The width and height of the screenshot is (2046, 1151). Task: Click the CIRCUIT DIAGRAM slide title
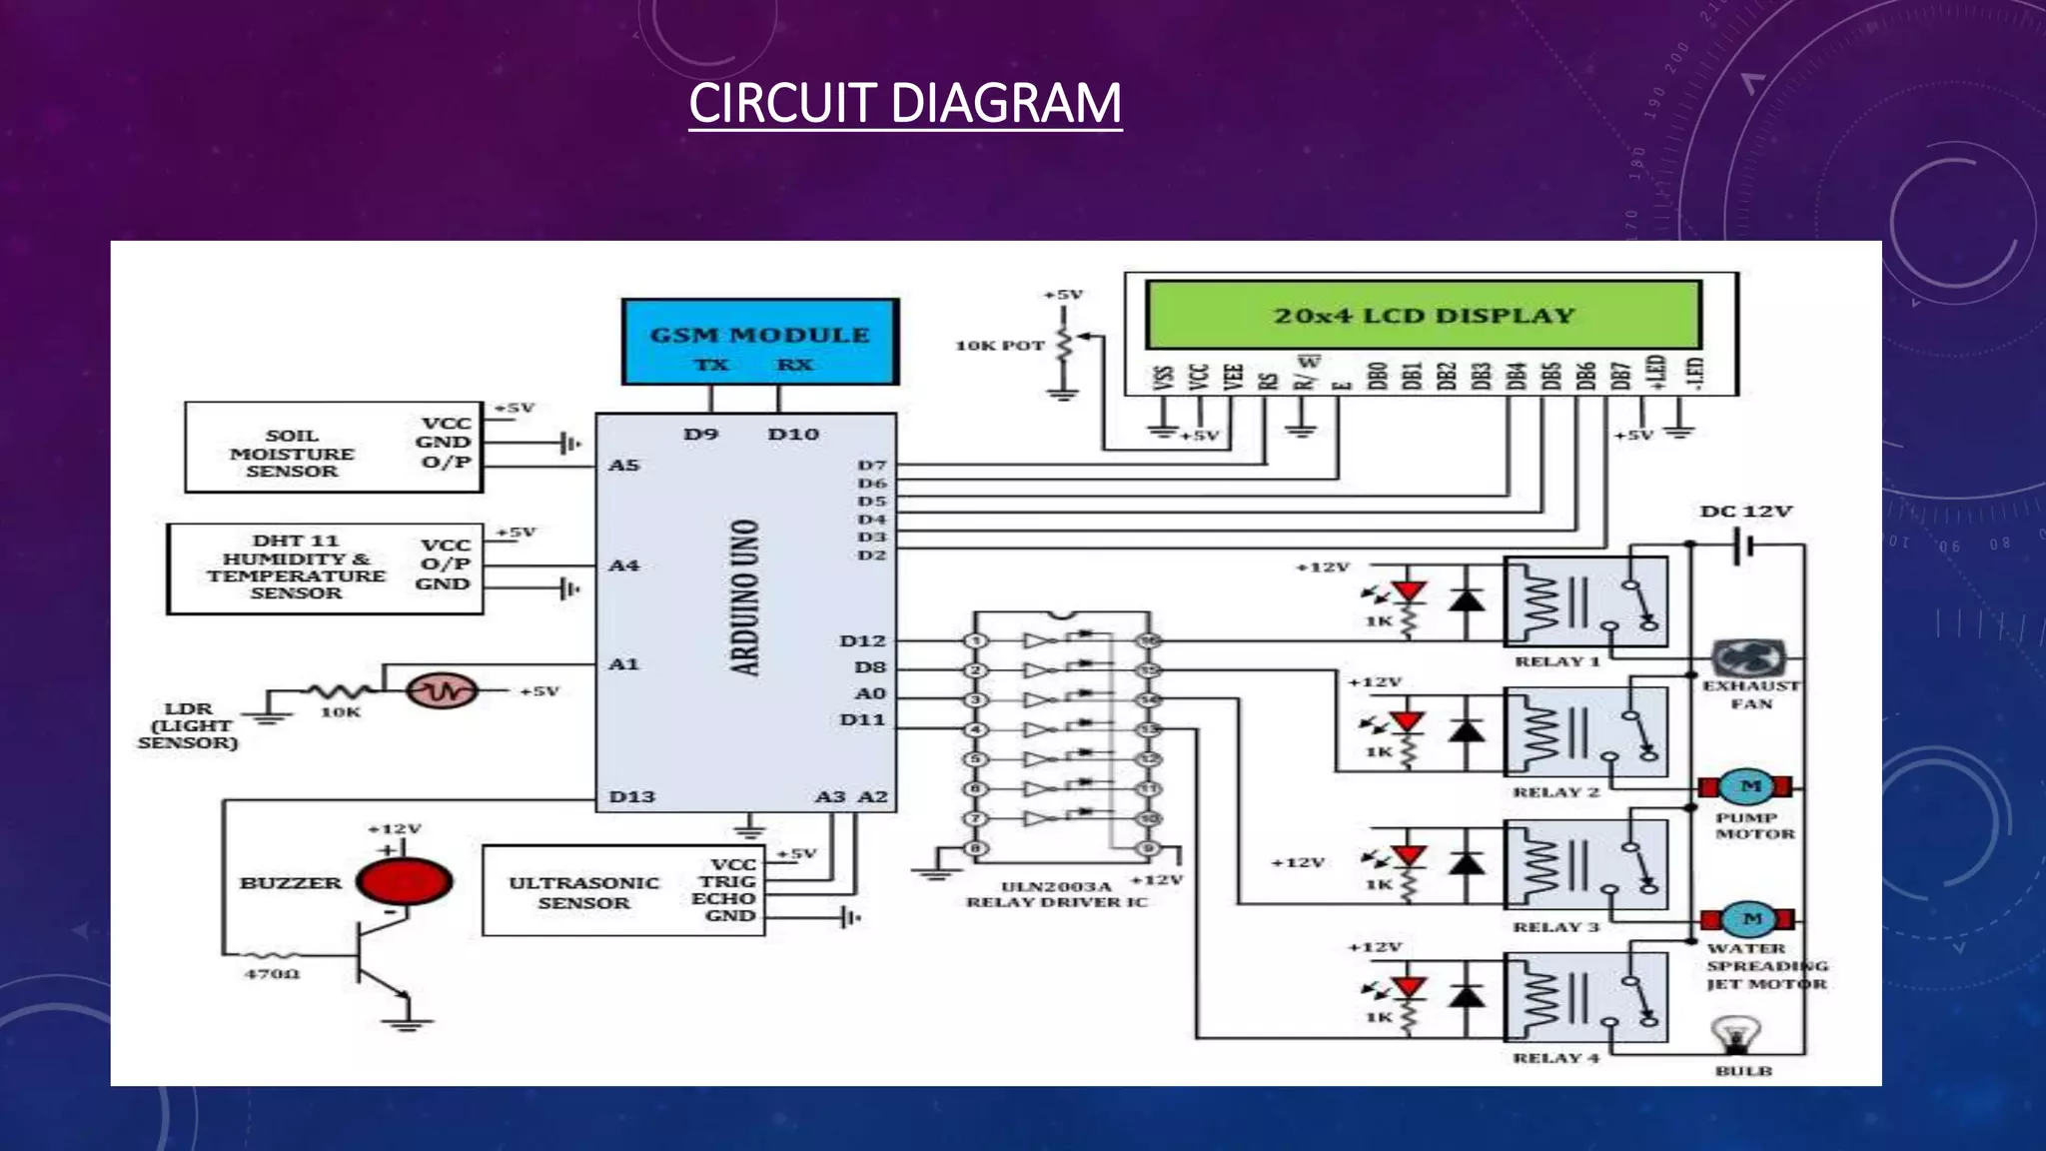tap(905, 104)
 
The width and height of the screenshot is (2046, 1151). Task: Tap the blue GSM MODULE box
tap(760, 342)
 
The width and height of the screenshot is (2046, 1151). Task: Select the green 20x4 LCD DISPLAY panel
tap(1423, 316)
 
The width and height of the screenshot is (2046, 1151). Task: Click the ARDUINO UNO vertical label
tap(745, 597)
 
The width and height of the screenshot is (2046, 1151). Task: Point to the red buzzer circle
tap(405, 882)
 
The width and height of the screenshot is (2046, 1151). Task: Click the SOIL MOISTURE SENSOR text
tap(292, 453)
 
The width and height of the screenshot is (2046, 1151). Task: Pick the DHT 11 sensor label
tap(296, 567)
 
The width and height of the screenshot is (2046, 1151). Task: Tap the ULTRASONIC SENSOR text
tap(583, 892)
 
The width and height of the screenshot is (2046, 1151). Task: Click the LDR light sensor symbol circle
tap(442, 690)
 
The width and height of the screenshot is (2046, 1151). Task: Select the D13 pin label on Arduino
tap(631, 796)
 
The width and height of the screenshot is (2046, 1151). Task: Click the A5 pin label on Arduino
tap(623, 465)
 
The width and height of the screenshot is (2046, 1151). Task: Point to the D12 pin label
tap(862, 640)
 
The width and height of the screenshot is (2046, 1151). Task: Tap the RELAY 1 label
tap(1556, 661)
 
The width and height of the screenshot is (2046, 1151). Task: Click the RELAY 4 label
tap(1555, 1058)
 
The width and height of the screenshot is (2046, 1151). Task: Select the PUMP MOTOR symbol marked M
tap(1749, 786)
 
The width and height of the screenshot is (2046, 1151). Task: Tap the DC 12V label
tap(1745, 512)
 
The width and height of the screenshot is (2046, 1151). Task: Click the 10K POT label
tap(999, 346)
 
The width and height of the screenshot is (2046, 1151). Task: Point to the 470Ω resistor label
tap(272, 973)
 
